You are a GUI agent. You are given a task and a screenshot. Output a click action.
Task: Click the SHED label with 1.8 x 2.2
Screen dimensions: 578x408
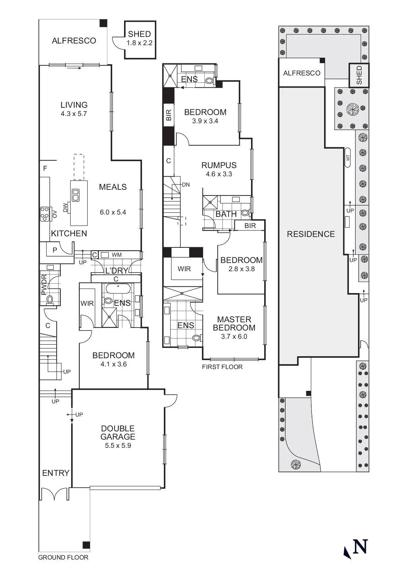tap(140, 38)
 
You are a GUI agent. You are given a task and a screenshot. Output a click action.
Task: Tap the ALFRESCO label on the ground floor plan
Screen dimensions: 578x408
tap(74, 41)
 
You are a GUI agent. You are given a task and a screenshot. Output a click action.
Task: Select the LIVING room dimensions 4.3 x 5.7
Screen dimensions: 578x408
tap(74, 114)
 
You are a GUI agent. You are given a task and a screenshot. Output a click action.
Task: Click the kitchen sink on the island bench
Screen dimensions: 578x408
tap(76, 195)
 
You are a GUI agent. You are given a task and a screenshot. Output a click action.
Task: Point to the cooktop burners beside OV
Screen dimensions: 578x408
tap(44, 214)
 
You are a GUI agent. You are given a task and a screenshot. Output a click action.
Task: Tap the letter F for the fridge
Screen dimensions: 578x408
tap(45, 168)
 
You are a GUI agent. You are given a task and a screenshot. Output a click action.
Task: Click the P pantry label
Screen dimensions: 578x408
tap(55, 250)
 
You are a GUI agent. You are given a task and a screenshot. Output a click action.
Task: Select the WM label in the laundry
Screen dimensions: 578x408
tap(117, 255)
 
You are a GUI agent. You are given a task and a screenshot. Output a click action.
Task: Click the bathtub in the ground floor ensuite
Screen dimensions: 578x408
tap(118, 289)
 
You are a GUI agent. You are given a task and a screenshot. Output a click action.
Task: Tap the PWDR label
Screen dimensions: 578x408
tap(44, 284)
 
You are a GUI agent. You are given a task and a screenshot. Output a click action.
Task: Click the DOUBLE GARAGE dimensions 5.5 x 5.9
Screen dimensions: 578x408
tap(118, 446)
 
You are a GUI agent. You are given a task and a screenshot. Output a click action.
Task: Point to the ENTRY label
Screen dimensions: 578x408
tap(56, 473)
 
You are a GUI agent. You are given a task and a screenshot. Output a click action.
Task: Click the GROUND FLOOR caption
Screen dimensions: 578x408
tap(63, 557)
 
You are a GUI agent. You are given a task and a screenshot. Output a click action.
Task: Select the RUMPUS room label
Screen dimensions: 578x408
tap(219, 165)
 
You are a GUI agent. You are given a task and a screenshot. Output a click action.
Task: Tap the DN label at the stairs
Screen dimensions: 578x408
tap(186, 185)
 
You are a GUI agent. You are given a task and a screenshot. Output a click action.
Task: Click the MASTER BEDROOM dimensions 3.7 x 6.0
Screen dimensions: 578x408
tap(234, 336)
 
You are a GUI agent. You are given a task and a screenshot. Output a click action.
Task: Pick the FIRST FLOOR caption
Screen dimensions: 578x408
tap(222, 367)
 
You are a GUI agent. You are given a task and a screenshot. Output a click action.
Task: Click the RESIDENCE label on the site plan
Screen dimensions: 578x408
tap(311, 234)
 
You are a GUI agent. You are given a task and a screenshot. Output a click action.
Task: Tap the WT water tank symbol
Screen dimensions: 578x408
tap(348, 158)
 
